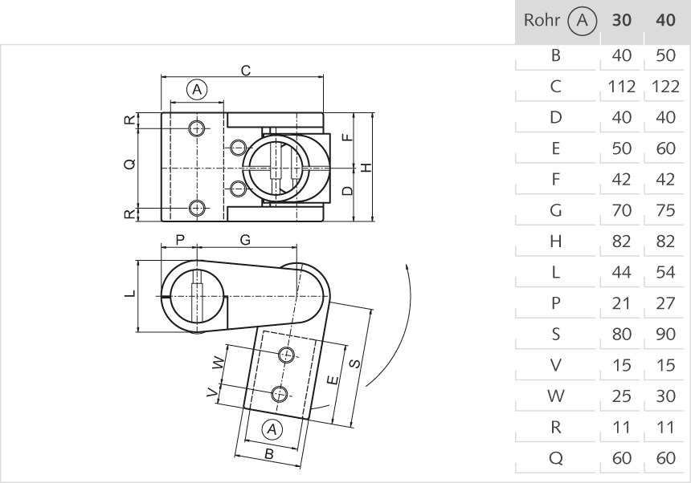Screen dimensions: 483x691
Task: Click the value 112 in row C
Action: [x=622, y=87]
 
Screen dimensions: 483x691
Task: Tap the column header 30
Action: [x=622, y=20]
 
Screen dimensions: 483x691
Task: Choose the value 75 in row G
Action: [x=664, y=210]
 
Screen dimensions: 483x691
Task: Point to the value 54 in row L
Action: [x=664, y=272]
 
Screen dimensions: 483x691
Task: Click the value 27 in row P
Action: [x=664, y=303]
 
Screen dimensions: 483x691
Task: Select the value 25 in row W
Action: [x=622, y=396]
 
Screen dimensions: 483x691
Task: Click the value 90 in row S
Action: [x=664, y=334]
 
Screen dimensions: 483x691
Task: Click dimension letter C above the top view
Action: [x=246, y=70]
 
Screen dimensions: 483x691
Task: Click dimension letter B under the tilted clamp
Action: [x=270, y=454]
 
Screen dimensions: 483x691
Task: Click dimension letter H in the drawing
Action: [x=366, y=167]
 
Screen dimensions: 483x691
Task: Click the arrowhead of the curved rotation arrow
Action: [x=408, y=265]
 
